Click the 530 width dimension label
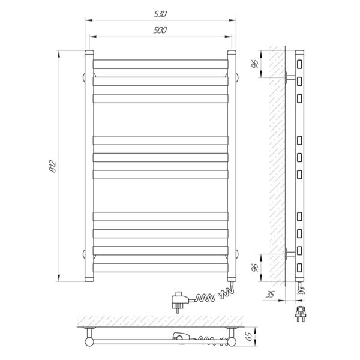(x=160, y=14)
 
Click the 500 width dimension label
(x=160, y=30)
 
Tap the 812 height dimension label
(x=53, y=166)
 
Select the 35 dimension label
(x=270, y=294)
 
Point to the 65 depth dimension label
(x=249, y=337)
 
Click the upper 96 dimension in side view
(x=255, y=64)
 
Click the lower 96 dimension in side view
(x=255, y=268)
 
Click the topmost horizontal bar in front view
(x=160, y=64)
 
